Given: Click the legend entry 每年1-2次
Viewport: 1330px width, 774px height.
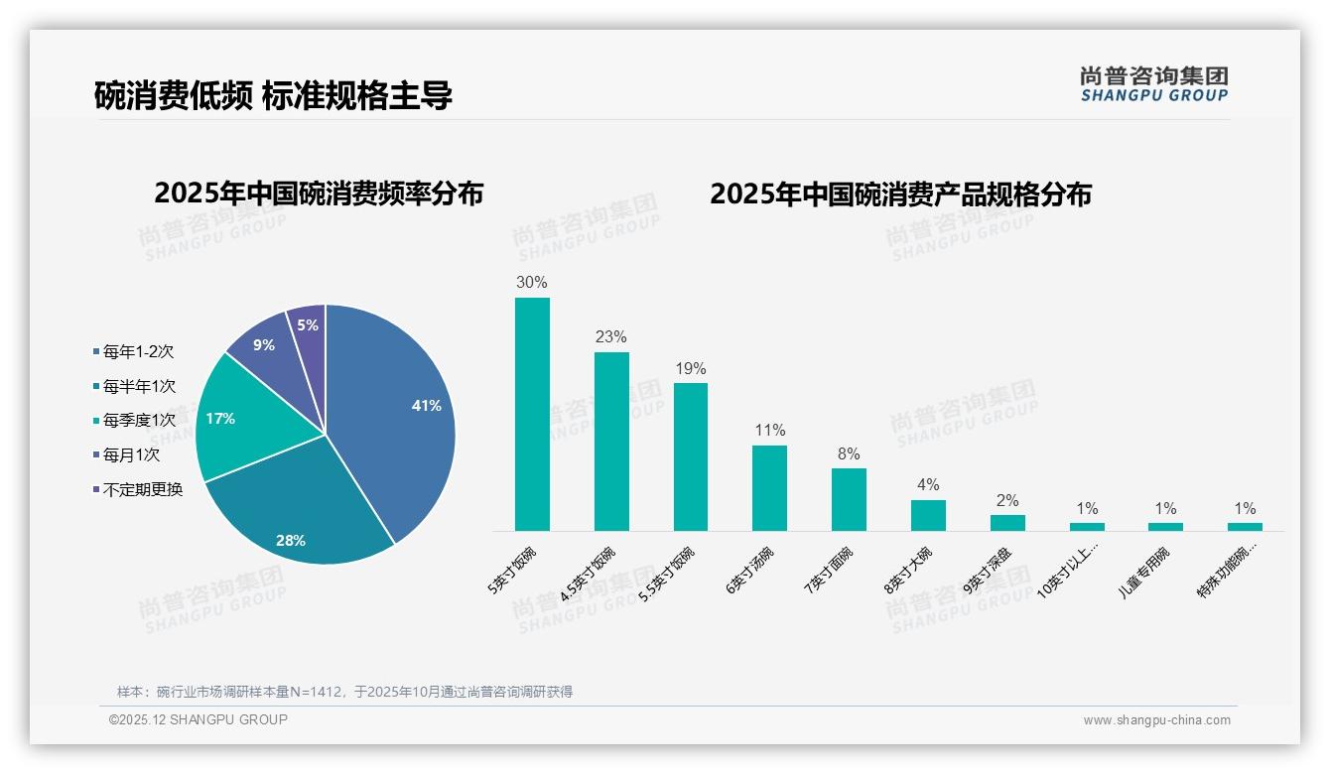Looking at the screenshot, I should [138, 352].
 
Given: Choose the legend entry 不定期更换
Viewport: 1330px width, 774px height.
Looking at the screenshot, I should [142, 490].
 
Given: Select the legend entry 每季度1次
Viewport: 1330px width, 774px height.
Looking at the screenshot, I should [138, 421].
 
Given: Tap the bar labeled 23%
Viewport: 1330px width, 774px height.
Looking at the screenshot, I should [611, 442].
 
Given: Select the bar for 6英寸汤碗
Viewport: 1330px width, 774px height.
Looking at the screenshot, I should [769, 488].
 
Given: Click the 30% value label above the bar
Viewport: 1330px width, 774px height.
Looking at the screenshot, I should [532, 282].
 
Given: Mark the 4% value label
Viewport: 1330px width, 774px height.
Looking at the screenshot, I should [928, 484].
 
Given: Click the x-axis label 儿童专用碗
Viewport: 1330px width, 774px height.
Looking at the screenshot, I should [1144, 572].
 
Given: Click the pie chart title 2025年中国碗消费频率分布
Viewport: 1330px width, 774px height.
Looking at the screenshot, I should [319, 193].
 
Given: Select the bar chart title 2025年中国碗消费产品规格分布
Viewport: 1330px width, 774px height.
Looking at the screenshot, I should [900, 193].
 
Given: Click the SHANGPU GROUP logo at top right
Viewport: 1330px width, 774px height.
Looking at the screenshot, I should [1153, 84].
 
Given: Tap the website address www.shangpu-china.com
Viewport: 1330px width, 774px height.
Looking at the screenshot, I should [1156, 720].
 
